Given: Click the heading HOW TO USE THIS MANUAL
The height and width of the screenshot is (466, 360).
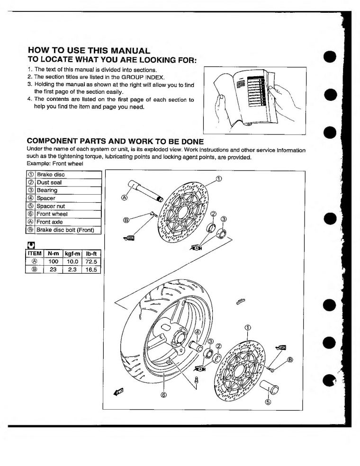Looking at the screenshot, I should click(89, 50).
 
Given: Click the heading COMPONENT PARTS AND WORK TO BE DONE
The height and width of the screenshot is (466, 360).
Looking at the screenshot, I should click(116, 142).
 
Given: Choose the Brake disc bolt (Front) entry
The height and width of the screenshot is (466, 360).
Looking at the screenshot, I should click(65, 230).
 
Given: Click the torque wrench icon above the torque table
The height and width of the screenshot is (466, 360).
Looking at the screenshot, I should click(31, 245).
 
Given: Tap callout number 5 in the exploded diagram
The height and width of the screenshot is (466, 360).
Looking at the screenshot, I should click(268, 403).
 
